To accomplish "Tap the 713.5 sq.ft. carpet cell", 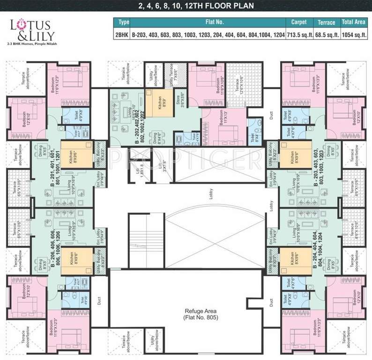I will (299, 35).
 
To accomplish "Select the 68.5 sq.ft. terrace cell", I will (326, 35).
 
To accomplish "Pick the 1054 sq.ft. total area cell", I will (354, 35).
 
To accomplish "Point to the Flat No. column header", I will (208, 22).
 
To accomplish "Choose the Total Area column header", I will (354, 22).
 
